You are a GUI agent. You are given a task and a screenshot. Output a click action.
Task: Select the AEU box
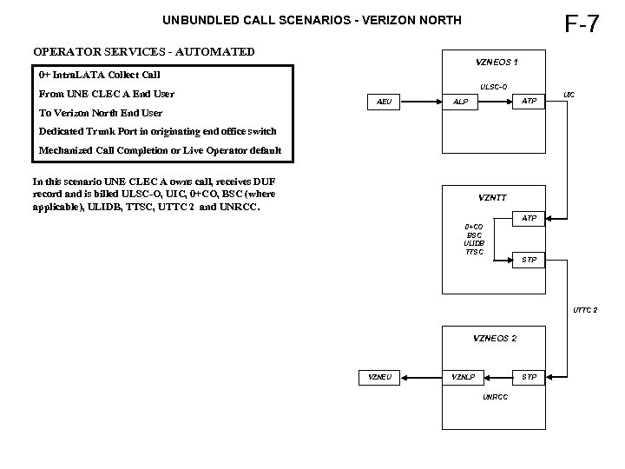point(385,102)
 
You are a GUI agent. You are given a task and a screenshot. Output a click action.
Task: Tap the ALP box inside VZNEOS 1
point(460,102)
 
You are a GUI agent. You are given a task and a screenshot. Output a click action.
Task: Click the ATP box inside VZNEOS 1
point(528,102)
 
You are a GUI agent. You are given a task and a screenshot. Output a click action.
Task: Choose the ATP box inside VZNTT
point(528,218)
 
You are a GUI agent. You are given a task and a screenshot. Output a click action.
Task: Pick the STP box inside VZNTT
point(528,260)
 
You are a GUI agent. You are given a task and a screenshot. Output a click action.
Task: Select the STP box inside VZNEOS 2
point(528,377)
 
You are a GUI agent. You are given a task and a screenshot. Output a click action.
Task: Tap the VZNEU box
point(379,377)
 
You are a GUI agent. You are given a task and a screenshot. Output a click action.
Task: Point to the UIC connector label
point(569,93)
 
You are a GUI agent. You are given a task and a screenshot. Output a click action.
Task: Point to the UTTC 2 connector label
point(585,310)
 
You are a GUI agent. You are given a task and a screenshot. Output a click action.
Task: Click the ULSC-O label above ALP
point(493,85)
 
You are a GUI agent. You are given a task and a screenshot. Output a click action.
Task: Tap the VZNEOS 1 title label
point(497,63)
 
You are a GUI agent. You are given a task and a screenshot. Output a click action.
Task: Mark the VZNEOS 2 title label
point(495,338)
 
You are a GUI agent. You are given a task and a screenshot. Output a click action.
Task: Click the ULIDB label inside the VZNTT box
point(474,243)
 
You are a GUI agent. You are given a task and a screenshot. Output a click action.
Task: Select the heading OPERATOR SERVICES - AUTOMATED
point(143,51)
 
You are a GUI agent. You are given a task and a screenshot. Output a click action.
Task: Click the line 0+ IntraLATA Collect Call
point(99,75)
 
